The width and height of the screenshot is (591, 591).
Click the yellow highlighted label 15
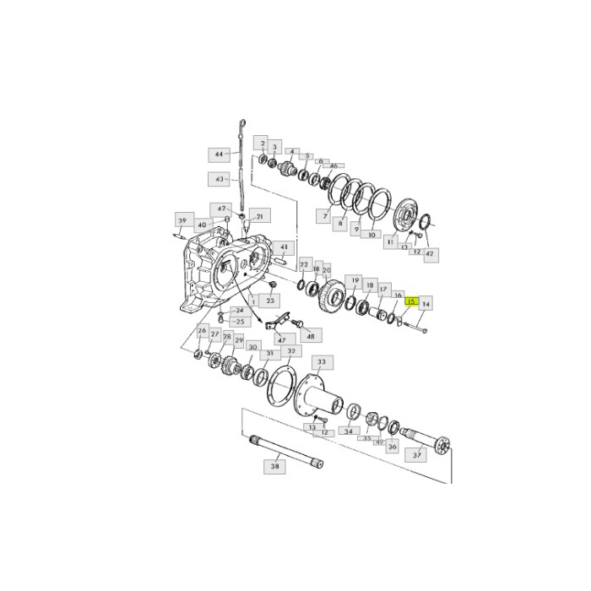click(411, 301)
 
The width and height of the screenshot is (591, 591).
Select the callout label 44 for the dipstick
click(219, 155)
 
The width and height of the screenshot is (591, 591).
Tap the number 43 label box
click(219, 179)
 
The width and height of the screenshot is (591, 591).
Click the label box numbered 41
click(284, 248)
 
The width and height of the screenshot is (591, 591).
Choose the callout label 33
click(322, 361)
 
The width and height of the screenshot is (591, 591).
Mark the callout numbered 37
click(416, 455)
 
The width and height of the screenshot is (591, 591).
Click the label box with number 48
click(310, 336)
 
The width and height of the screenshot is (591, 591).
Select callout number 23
click(271, 301)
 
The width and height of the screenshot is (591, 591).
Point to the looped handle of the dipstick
click(242, 126)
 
